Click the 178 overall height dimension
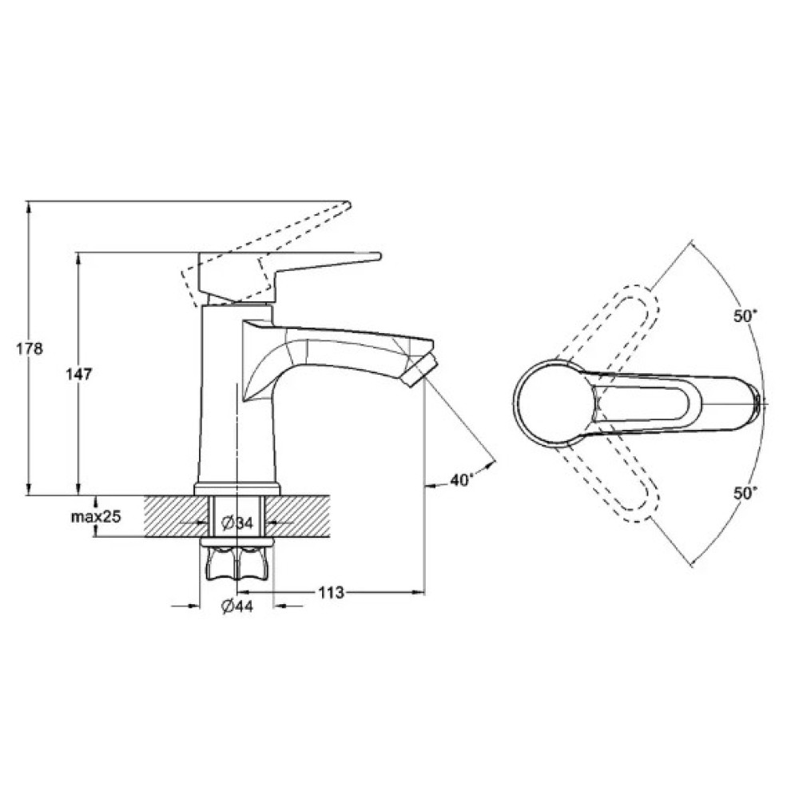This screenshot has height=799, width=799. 29,349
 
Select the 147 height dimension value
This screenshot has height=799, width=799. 78,374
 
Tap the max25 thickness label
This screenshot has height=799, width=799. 96,516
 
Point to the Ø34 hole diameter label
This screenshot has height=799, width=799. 237,523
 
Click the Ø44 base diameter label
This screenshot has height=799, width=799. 237,606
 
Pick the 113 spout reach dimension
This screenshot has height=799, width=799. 332,593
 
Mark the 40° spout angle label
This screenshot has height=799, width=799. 461,479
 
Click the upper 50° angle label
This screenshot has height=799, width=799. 745,316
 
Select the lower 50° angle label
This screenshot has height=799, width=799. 745,492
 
